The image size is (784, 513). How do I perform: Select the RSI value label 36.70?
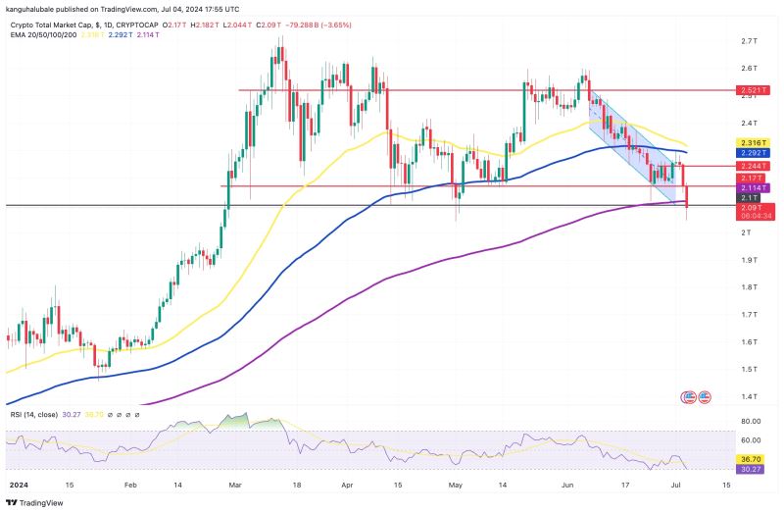pyautogui.click(x=751, y=458)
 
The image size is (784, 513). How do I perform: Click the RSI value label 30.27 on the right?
pyautogui.click(x=751, y=469)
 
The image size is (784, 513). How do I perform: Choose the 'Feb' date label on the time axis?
pyautogui.click(x=129, y=485)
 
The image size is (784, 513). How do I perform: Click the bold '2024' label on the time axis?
pyautogui.click(x=19, y=485)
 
